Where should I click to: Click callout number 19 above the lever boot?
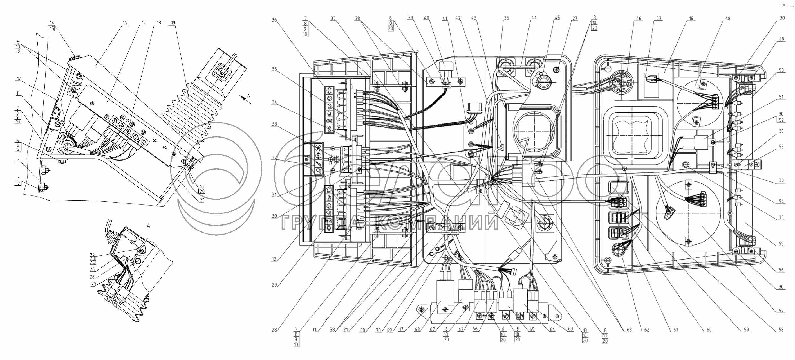tap(173, 23)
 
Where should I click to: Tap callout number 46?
tap(639, 19)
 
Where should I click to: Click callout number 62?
tap(647, 330)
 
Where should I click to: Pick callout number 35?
tap(274, 69)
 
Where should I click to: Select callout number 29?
tap(274, 285)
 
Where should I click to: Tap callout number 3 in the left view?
tap(18, 159)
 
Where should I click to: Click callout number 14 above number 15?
tap(52, 22)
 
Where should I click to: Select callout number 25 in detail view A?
tap(92, 269)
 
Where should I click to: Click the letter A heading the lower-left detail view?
tap(148, 226)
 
